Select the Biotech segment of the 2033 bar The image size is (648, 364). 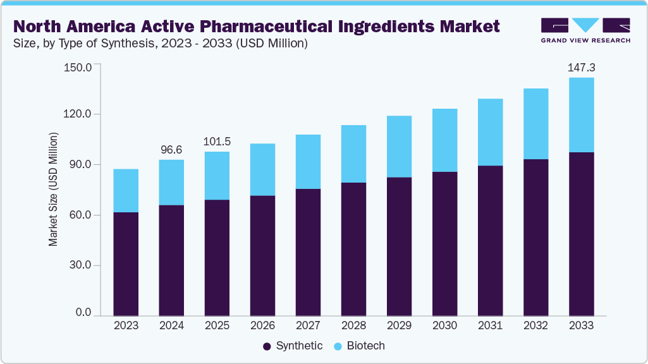tap(581, 115)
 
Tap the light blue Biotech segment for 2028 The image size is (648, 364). tap(353, 154)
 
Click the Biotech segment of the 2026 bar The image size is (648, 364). tap(262, 169)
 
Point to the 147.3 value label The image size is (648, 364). tap(581, 66)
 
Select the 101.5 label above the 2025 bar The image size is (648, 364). tap(217, 141)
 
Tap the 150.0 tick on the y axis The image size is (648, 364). tap(79, 67)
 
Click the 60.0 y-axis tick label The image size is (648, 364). tap(80, 215)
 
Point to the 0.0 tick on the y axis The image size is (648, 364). tap(84, 313)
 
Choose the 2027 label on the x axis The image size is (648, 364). tap(308, 326)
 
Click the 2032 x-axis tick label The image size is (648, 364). tap(535, 326)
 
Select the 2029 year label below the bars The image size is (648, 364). tap(399, 326)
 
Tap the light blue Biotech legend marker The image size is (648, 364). tap(338, 346)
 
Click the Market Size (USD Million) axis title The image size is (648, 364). tap(54, 190)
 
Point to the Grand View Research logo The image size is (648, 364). tap(585, 30)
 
